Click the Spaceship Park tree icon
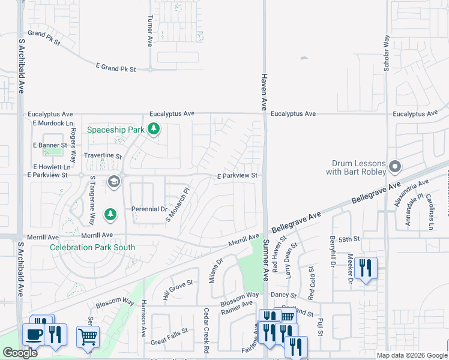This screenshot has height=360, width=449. click(154, 129)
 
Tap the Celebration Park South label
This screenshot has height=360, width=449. click(92, 247)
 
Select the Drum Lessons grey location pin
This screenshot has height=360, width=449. click(395, 166)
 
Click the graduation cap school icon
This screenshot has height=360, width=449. click(113, 181)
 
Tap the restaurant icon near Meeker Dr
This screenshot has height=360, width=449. click(366, 268)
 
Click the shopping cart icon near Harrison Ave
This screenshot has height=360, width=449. click(88, 337)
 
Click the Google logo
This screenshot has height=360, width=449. click(20, 353)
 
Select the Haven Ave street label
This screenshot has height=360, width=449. click(263, 92)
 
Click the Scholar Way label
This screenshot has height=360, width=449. click(387, 53)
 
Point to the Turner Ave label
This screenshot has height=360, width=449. click(150, 32)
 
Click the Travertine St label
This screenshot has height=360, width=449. click(103, 156)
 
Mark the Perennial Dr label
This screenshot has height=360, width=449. click(149, 209)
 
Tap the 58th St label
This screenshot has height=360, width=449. click(348, 239)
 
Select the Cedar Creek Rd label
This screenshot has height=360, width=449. click(205, 330)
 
